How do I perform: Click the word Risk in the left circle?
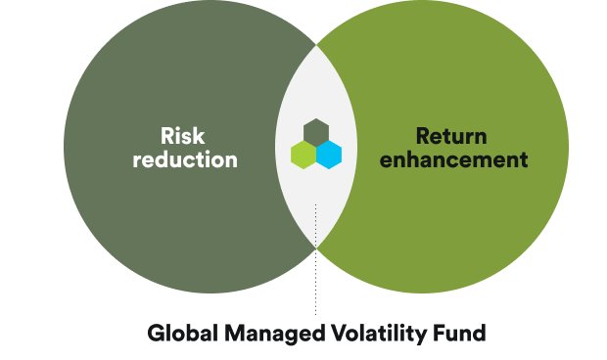[182, 135]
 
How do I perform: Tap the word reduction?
[183, 158]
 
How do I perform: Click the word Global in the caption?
[181, 334]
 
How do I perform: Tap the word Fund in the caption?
[459, 334]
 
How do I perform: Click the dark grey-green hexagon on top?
[315, 130]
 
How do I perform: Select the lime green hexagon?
[303, 154]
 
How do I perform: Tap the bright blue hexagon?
[328, 154]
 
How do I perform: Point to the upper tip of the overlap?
[315, 43]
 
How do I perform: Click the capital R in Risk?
[167, 135]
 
